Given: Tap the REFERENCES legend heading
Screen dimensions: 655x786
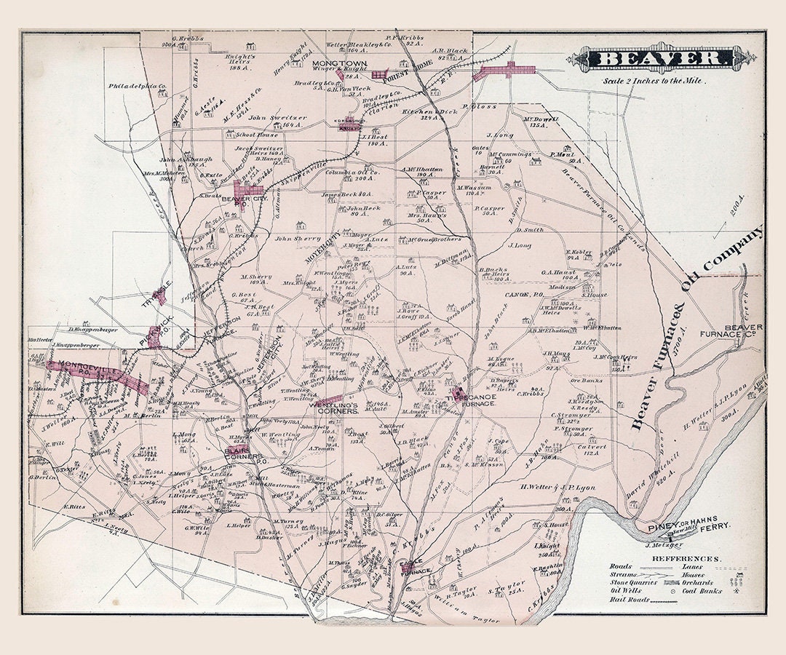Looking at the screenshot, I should tap(686, 559).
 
